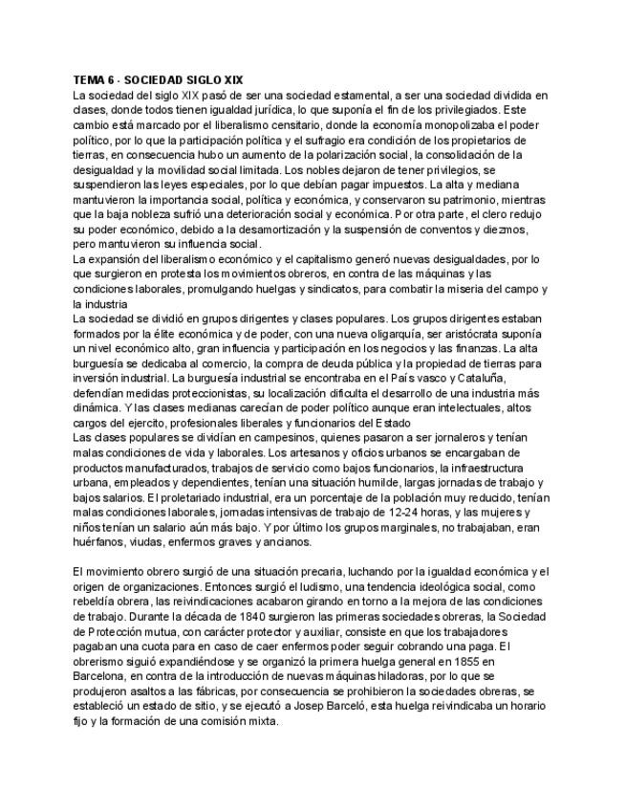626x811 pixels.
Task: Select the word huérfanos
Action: (98, 541)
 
